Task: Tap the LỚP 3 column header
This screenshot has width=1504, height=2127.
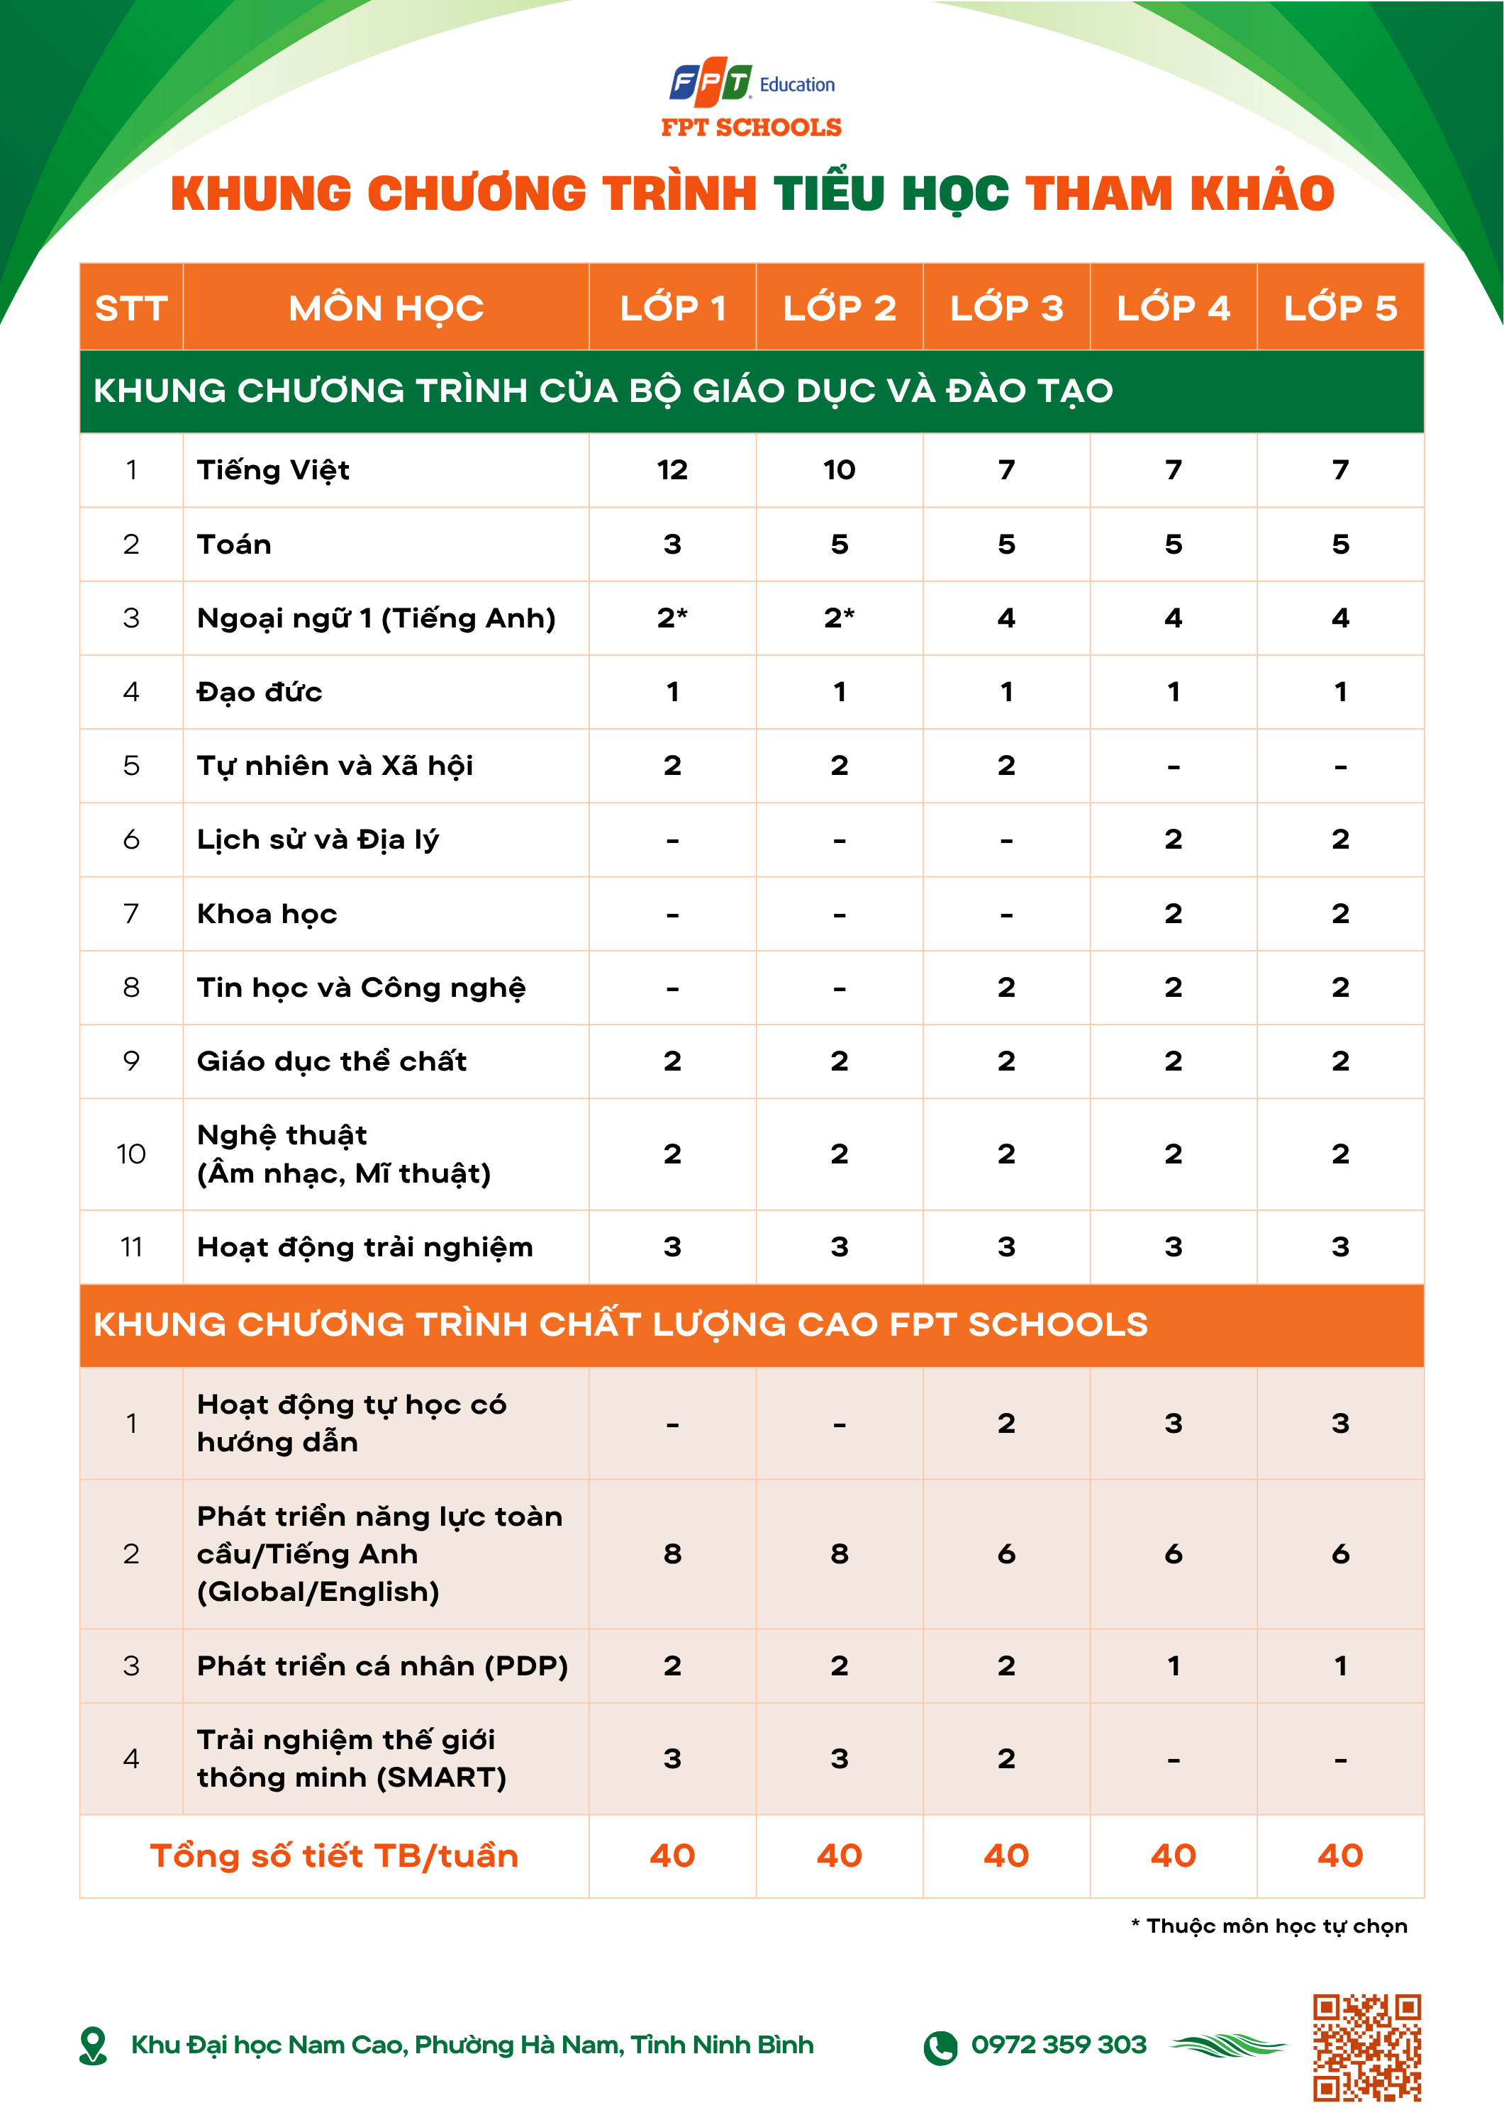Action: point(1006,308)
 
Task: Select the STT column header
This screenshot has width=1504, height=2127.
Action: point(130,308)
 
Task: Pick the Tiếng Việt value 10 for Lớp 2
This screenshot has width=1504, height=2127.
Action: point(839,469)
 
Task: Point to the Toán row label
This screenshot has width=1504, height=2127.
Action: point(235,544)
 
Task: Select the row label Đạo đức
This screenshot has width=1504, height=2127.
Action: point(260,692)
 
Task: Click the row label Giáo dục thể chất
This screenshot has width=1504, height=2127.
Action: point(331,1061)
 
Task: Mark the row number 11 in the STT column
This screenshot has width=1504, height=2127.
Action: point(130,1247)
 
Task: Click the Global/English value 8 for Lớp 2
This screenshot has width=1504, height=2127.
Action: point(839,1553)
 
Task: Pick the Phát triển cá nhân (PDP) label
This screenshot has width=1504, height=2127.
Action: point(381,1665)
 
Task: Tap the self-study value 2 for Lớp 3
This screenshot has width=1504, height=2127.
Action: point(1006,1423)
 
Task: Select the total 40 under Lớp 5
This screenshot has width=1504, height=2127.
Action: point(1340,1855)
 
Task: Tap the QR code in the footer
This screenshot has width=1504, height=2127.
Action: point(1367,2048)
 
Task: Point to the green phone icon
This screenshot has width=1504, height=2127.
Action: point(940,2048)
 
